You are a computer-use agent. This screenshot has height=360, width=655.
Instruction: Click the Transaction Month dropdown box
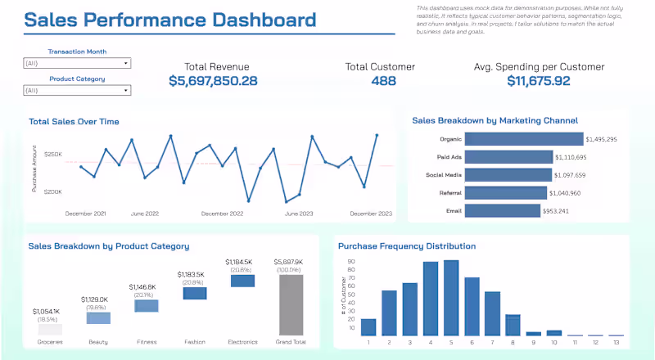(x=78, y=63)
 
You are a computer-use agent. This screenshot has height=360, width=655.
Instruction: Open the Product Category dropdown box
(x=78, y=91)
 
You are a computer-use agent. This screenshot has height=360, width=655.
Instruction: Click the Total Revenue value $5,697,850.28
(x=213, y=81)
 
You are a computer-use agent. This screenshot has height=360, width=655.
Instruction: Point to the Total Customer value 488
(x=383, y=81)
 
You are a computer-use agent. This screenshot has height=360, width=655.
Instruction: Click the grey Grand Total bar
(x=291, y=304)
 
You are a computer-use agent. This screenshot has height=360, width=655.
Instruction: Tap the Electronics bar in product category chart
(x=242, y=281)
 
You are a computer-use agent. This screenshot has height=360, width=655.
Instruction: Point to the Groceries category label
(x=50, y=342)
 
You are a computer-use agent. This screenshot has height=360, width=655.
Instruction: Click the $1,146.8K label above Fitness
(x=146, y=287)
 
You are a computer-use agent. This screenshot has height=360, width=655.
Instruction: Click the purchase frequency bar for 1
(x=368, y=326)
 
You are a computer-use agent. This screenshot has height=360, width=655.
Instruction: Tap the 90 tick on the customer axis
(x=352, y=263)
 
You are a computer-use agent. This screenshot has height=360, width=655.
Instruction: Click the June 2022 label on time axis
(x=144, y=214)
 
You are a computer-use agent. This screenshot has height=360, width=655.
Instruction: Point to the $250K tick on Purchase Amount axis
(x=53, y=154)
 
